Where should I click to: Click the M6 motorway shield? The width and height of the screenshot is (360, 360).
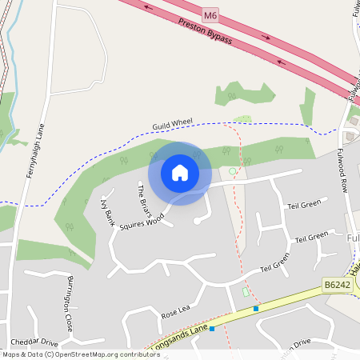point(210,14)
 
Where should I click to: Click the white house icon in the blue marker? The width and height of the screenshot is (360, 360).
point(180,173)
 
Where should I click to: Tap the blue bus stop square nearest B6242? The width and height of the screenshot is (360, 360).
point(256,308)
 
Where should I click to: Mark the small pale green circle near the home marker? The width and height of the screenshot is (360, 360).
point(233,171)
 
